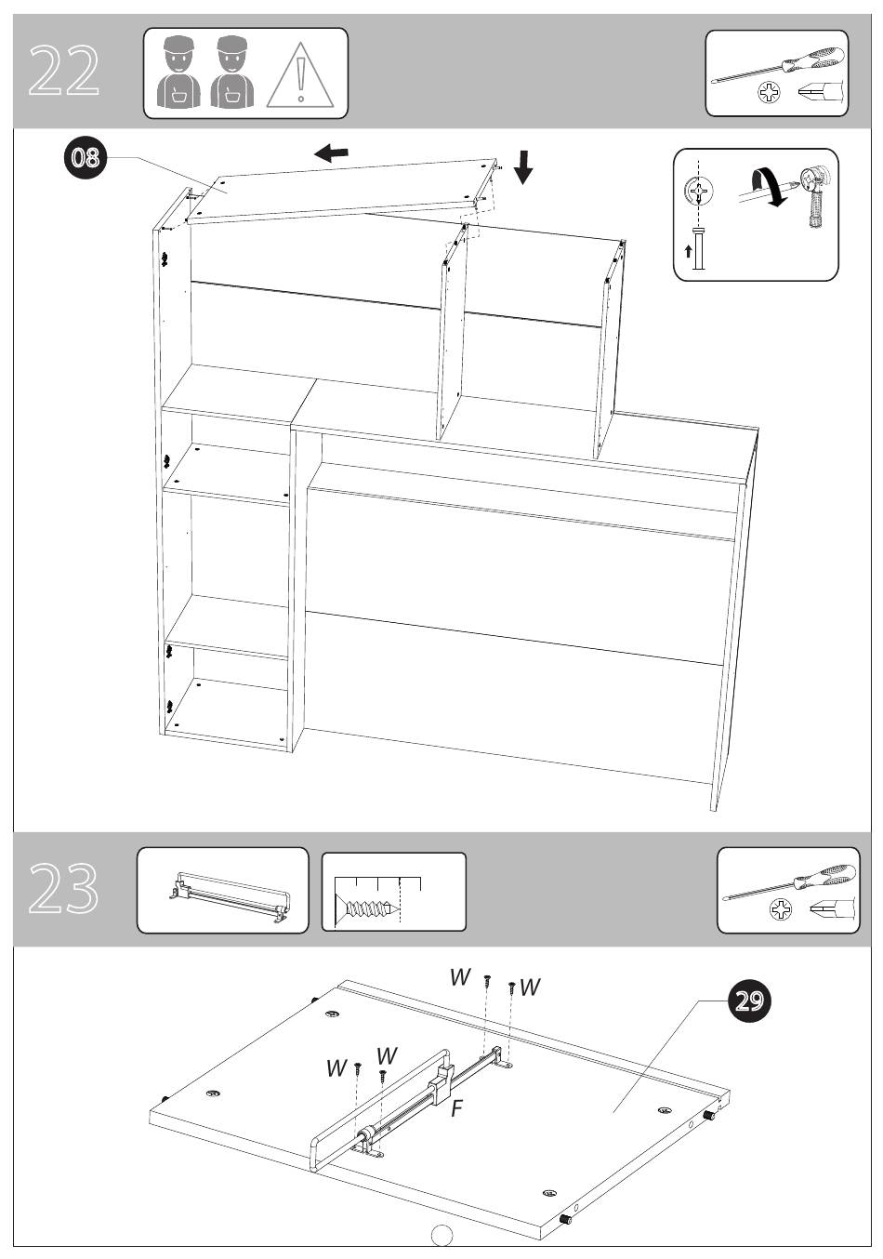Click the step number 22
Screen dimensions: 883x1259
[64, 71]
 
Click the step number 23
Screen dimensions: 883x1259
[63, 889]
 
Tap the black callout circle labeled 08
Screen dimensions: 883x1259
[85, 157]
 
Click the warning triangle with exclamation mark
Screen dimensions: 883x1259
[300, 75]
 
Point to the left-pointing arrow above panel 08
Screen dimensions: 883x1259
[332, 152]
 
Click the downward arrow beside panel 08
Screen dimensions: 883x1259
[523, 167]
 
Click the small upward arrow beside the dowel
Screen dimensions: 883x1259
[688, 251]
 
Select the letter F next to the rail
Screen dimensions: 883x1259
[456, 1108]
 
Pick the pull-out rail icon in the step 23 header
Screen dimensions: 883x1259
[230, 897]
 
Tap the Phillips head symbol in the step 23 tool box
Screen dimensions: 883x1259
[781, 909]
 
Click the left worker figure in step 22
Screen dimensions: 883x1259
[178, 72]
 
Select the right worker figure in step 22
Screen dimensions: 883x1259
[232, 72]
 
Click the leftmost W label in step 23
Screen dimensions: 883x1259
[336, 1067]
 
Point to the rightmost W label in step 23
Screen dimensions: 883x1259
[530, 987]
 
